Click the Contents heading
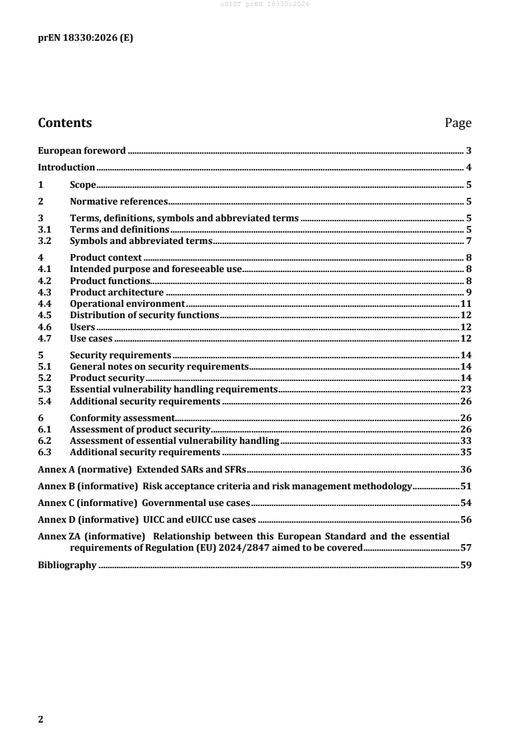point(65,123)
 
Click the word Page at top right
point(458,123)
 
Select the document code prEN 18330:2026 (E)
point(85,38)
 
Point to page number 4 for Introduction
point(470,167)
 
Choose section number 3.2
point(45,241)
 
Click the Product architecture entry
point(117,292)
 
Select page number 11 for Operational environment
point(467,304)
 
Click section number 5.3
point(45,389)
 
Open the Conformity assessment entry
point(122,418)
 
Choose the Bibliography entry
point(68,566)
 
